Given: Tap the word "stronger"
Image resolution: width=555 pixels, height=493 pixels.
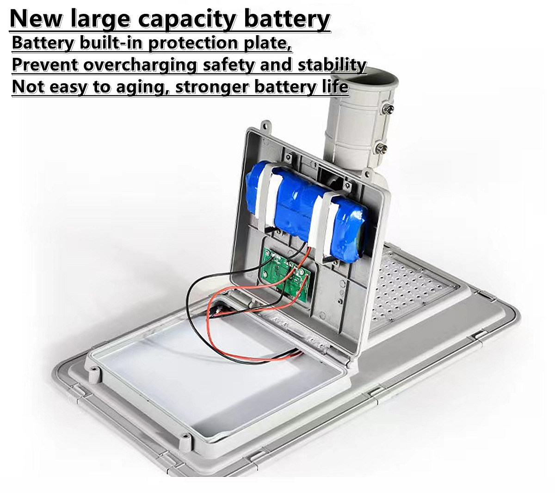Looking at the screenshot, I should point(209,87).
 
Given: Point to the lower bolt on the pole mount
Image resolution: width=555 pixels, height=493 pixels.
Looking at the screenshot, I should point(382,148).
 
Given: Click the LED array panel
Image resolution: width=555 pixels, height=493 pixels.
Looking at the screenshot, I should point(407,291).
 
